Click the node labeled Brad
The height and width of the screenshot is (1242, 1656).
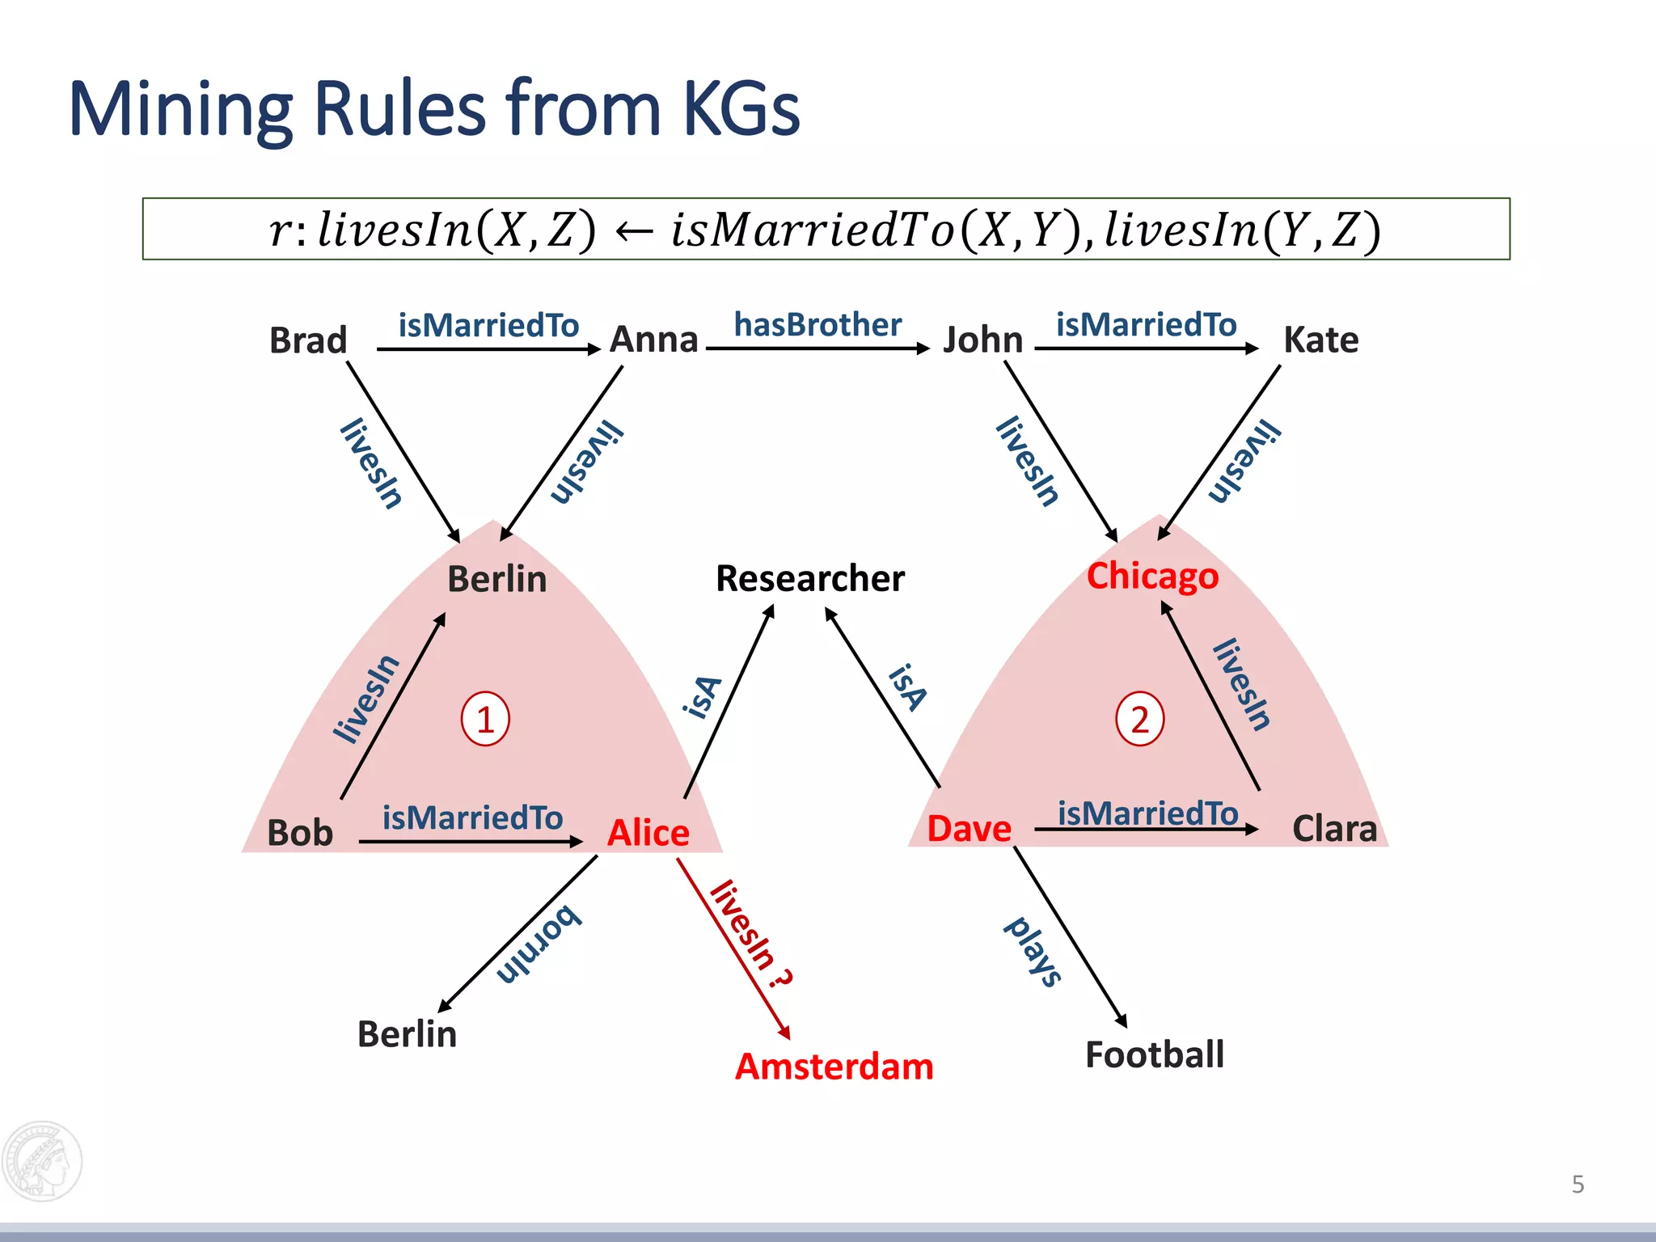[x=308, y=340]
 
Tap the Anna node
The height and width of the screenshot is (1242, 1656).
[x=653, y=340]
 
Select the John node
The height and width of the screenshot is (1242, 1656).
[x=983, y=340]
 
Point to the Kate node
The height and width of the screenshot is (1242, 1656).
[x=1320, y=340]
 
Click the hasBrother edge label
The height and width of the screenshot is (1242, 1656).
[x=817, y=325]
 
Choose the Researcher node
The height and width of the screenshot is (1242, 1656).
[x=810, y=579]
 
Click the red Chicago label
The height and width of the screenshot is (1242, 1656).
[x=1152, y=577]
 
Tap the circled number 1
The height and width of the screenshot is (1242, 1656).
[x=485, y=719]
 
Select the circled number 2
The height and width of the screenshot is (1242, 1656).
[x=1139, y=719]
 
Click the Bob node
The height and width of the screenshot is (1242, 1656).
[x=300, y=833]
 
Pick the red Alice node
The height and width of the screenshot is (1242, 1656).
[x=648, y=833]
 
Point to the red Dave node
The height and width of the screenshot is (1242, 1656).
[x=969, y=829]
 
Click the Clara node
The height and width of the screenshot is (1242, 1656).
[x=1334, y=829]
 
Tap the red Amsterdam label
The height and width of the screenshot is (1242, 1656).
[x=834, y=1067]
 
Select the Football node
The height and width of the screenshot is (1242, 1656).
[x=1154, y=1054]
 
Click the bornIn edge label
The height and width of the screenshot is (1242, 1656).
[x=539, y=944]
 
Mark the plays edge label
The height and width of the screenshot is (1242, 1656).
[x=1033, y=952]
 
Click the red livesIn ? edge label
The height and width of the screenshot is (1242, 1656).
[x=750, y=934]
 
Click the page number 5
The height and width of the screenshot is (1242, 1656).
[x=1578, y=1185]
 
